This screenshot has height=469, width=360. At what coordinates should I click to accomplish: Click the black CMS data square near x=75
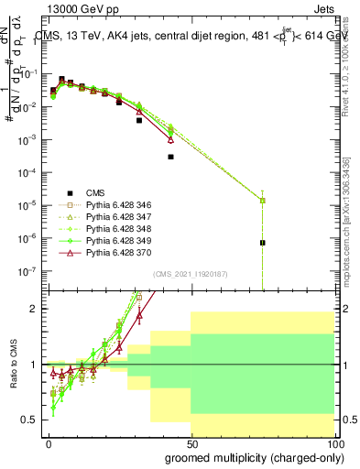(262, 243)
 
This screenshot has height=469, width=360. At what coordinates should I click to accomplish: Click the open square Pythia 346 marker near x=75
(262, 200)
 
